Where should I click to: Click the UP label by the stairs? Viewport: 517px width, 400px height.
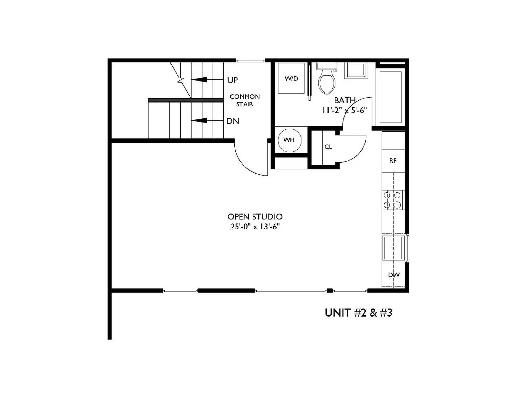tap(232, 80)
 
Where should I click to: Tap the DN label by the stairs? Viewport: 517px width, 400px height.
tap(233, 121)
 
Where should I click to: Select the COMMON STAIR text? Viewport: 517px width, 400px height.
tap(245, 100)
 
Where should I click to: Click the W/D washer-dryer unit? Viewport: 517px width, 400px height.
tap(291, 79)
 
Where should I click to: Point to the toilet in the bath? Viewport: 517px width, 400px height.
tap(327, 79)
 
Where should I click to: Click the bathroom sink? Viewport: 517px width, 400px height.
tap(356, 70)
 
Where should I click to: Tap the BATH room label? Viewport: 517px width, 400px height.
tap(345, 100)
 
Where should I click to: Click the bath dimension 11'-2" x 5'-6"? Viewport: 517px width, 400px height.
tap(344, 110)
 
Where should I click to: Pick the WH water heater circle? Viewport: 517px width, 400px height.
tap(289, 140)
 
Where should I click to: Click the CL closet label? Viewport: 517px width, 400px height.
tap(328, 147)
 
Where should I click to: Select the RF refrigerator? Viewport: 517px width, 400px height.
tap(393, 161)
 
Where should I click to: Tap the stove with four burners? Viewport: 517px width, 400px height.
tap(392, 200)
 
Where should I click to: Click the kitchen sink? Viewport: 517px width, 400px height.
tap(393, 248)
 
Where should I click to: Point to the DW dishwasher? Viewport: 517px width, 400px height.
tap(394, 275)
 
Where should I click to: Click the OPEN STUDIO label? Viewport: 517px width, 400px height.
tap(255, 217)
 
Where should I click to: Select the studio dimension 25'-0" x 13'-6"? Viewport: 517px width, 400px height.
tap(255, 227)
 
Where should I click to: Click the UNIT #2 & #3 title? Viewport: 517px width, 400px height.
tap(358, 313)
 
